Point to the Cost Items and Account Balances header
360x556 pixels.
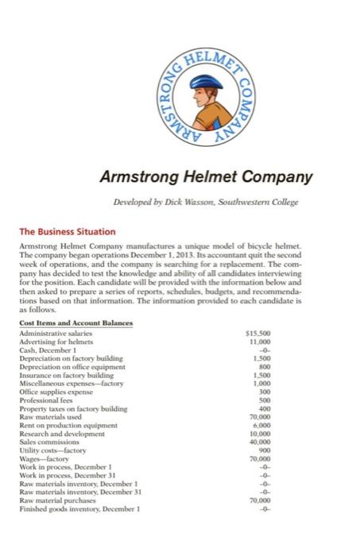(x=75, y=323)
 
